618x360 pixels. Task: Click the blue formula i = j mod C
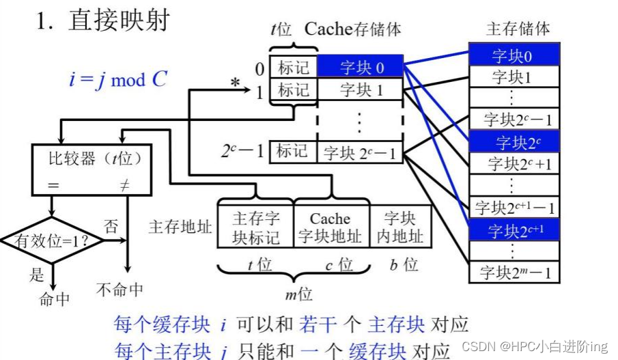tap(117, 79)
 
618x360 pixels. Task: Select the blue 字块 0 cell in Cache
tap(361, 67)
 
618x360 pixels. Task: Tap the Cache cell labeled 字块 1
tap(361, 89)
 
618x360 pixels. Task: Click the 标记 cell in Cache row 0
tap(293, 67)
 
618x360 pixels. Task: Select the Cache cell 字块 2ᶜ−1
tap(361, 152)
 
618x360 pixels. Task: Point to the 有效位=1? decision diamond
tap(52, 240)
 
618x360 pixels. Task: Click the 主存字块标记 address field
tap(255, 227)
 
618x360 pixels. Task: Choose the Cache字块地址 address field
tap(331, 227)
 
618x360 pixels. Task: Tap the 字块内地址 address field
tap(400, 227)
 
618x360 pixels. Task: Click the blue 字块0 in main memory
tap(514, 55)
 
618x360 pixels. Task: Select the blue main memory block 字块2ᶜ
tap(514, 142)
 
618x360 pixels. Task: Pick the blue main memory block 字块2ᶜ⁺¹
tap(514, 230)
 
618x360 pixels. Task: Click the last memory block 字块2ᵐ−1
tap(514, 273)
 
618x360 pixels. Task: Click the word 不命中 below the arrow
tap(120, 290)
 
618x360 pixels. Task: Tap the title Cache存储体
tap(352, 29)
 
